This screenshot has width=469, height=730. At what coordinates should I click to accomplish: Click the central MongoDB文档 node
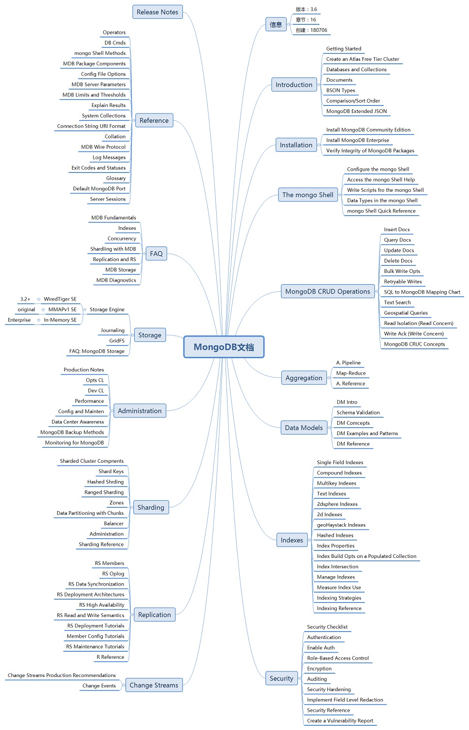pos(224,347)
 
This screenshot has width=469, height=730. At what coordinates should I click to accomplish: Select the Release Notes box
pos(158,12)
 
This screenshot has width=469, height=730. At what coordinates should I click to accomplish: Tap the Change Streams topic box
pos(154,685)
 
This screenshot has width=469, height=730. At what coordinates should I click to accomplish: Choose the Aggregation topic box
pos(304,378)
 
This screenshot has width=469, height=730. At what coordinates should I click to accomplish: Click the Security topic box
pos(281,678)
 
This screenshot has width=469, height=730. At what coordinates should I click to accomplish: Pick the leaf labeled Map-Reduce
pos(351,373)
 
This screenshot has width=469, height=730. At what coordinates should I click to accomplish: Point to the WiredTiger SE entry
pos(60,299)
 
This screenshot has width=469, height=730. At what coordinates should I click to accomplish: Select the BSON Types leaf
pos(340,90)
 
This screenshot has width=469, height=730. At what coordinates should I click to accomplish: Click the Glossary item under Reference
pos(116,178)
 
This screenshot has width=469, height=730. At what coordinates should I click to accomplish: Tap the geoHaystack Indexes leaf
pos(341,525)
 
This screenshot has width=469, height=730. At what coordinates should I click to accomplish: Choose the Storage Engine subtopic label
pos(107,309)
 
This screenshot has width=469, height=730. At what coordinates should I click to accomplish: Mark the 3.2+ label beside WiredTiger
pos(25,299)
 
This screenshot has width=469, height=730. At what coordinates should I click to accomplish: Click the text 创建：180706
pos(311,30)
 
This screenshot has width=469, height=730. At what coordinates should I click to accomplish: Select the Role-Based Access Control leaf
pos(338,658)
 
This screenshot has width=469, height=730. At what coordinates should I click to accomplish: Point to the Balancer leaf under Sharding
pos(114,524)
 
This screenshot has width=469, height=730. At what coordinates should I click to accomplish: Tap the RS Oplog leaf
pos(113,574)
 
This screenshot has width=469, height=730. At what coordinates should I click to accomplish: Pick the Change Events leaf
pos(99,686)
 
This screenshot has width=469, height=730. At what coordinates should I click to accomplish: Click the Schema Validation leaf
pos(358,413)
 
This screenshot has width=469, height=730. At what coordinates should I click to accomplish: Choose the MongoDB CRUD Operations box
pos(328,292)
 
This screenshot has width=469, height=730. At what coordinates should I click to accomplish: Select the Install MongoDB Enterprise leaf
pos(357,140)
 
